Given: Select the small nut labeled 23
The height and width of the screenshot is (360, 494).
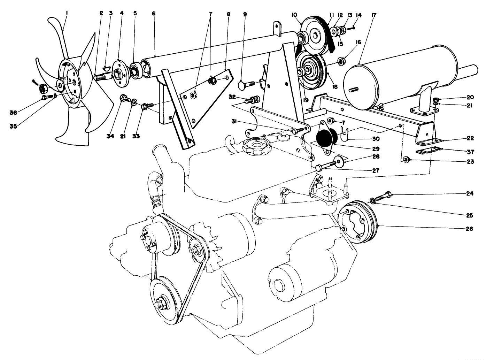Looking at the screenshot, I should coord(406,160).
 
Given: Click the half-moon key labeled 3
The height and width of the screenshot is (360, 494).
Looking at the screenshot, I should coord(108,65).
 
